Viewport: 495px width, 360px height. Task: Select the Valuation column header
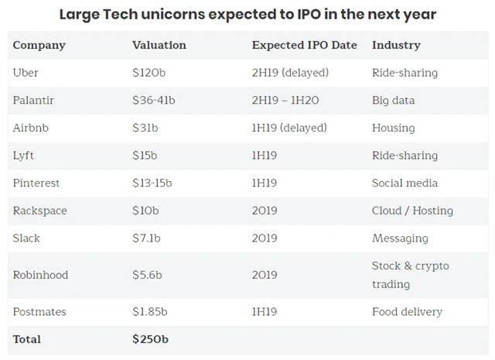coord(159,45)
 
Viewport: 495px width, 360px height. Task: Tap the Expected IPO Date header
coord(304,45)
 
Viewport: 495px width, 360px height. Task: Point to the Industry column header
coord(396,45)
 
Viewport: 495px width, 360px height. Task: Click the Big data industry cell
coord(393,101)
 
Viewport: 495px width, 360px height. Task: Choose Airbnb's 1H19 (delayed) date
coord(289,128)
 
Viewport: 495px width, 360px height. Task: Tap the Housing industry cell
coord(393,128)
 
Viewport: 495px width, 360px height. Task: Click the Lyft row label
coord(23,156)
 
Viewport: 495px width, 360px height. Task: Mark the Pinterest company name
coord(36,183)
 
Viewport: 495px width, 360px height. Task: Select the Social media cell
coord(405,183)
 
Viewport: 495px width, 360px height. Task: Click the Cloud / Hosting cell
coord(412,211)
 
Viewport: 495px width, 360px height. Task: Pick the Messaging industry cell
coord(401,238)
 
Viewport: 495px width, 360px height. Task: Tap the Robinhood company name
coord(39,275)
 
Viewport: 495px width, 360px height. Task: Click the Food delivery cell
coord(407,312)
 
